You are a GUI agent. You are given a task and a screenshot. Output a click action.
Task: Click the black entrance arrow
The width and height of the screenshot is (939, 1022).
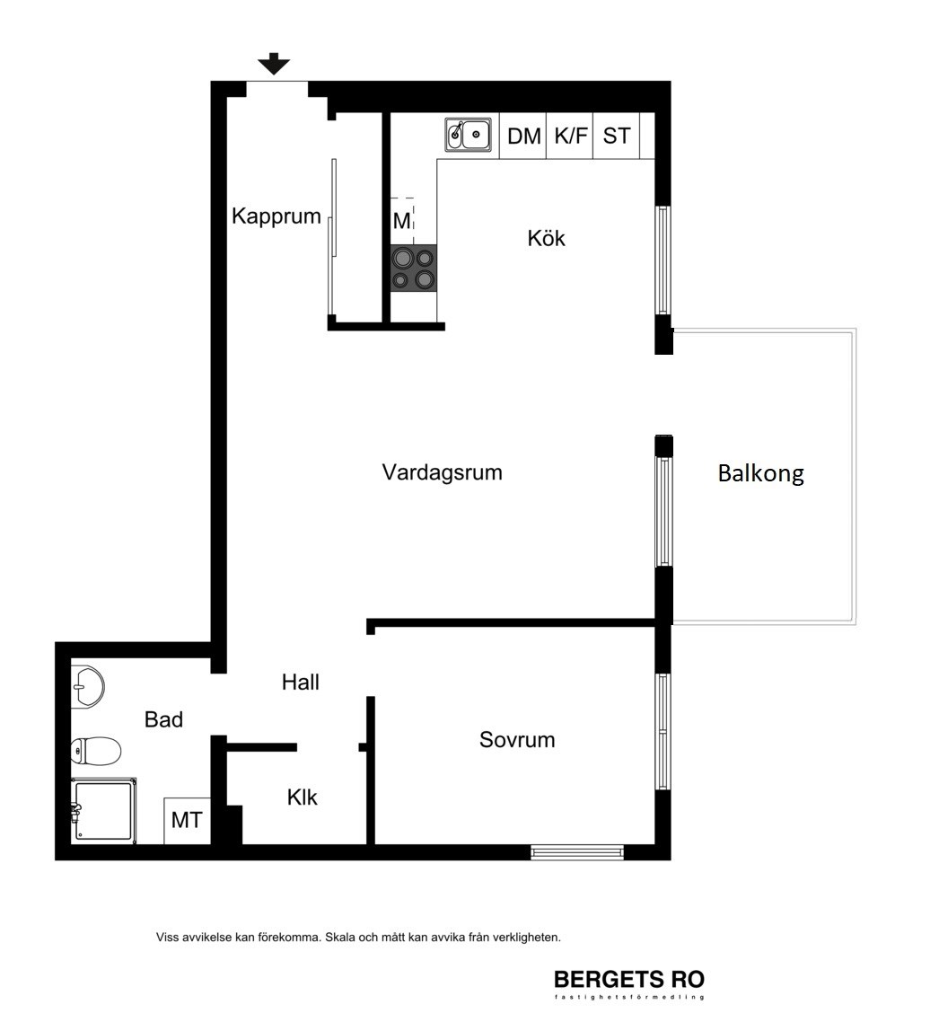click(274, 64)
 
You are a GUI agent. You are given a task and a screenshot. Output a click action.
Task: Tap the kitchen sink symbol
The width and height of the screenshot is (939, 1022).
click(469, 135)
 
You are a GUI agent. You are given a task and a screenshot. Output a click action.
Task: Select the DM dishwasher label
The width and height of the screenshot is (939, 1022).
click(524, 137)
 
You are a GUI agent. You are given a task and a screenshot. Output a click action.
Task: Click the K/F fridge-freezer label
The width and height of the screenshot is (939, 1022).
click(571, 136)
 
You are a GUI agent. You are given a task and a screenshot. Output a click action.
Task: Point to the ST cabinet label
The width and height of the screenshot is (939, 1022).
click(617, 136)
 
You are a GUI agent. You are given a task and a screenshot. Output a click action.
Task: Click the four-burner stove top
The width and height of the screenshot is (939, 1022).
click(413, 268)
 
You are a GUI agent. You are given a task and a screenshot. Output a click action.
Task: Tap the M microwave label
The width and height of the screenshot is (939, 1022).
click(401, 221)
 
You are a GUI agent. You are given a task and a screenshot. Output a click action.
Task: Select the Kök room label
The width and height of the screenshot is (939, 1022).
click(546, 238)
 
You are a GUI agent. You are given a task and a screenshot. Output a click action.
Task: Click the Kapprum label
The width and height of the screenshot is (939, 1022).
click(276, 216)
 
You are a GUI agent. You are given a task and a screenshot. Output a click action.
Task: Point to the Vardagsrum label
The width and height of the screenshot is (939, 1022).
click(442, 471)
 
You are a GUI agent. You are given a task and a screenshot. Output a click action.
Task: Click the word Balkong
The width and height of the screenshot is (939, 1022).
click(760, 473)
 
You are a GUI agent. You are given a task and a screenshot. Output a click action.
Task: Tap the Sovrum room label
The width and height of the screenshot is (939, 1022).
click(517, 739)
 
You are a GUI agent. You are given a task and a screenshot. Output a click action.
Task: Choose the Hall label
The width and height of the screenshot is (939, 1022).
click(301, 682)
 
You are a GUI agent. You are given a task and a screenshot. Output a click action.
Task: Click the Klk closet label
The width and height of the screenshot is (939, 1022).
click(302, 797)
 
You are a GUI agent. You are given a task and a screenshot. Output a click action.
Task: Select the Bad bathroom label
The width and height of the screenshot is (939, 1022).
click(163, 719)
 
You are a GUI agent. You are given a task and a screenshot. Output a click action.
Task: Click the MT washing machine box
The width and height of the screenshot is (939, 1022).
click(187, 820)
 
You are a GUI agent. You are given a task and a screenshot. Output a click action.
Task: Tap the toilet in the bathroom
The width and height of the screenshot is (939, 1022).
click(96, 750)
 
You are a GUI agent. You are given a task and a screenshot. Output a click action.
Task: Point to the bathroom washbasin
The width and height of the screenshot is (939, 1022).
click(87, 687)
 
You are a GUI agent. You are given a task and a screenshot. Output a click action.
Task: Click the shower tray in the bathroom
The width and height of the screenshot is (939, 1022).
click(103, 811)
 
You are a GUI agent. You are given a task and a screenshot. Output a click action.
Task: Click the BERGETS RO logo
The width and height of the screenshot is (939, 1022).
click(628, 982)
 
